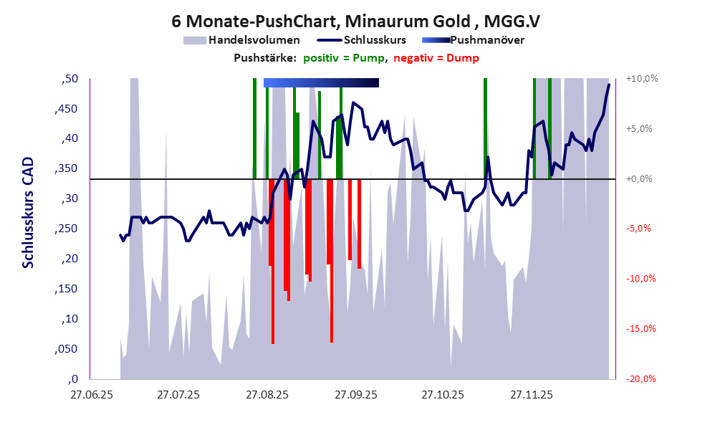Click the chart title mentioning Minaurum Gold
(x=356, y=22)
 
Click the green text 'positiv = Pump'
(x=345, y=58)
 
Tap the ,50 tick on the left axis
(x=69, y=78)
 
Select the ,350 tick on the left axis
(x=67, y=168)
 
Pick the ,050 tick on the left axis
(x=67, y=349)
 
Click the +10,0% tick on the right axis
(x=642, y=78)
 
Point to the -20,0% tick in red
(x=642, y=379)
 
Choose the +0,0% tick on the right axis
(x=642, y=178)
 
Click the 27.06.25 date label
(x=90, y=394)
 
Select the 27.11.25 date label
(x=531, y=394)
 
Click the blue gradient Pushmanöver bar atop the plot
(x=321, y=82)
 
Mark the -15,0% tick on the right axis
(x=642, y=329)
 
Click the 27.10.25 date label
(x=443, y=394)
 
